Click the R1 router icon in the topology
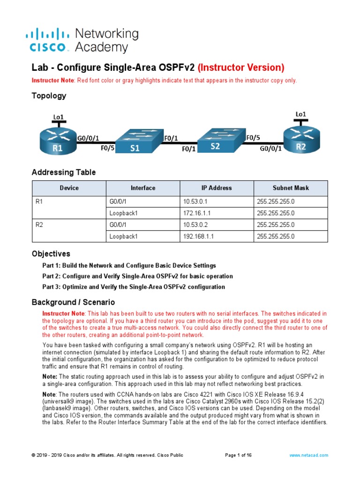(58, 141)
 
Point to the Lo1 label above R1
(58, 116)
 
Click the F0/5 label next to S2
(254, 138)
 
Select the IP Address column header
(217, 188)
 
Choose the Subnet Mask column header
(291, 188)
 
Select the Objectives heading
(51, 254)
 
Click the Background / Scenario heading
(73, 302)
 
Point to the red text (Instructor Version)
(241, 67)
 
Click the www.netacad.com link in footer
(308, 455)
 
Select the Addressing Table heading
(63, 172)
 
